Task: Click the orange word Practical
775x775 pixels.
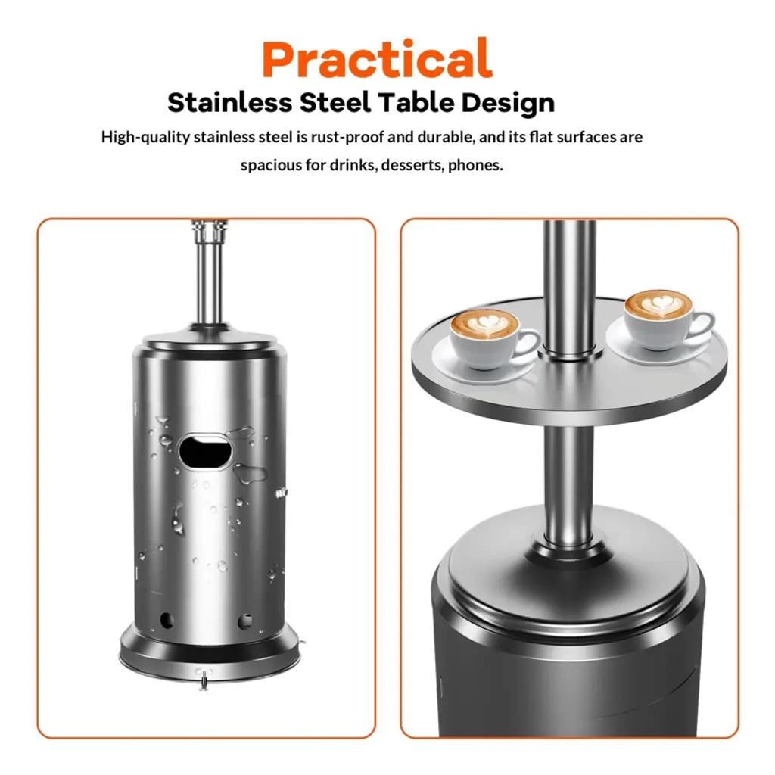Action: coord(377,59)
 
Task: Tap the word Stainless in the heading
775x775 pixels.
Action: coord(230,103)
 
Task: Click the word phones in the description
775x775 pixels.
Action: coord(475,165)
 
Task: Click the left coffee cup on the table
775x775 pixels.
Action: coord(490,339)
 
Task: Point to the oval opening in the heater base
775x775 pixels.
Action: coord(204,451)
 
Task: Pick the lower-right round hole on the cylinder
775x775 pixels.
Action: coord(245,621)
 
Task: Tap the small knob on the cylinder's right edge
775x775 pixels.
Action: coord(282,492)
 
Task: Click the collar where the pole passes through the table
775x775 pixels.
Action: coord(569,353)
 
